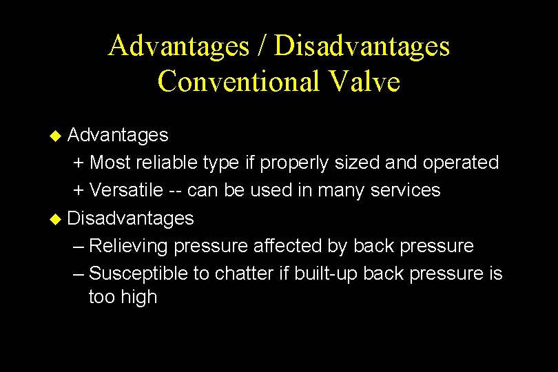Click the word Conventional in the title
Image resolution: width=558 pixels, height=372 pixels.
(238, 81)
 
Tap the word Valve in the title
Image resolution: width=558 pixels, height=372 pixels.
(364, 81)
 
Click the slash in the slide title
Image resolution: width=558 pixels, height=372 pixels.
(264, 46)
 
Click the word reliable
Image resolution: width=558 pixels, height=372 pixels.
(166, 163)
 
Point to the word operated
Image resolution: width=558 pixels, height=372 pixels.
(461, 163)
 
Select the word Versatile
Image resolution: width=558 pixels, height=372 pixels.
(127, 190)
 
